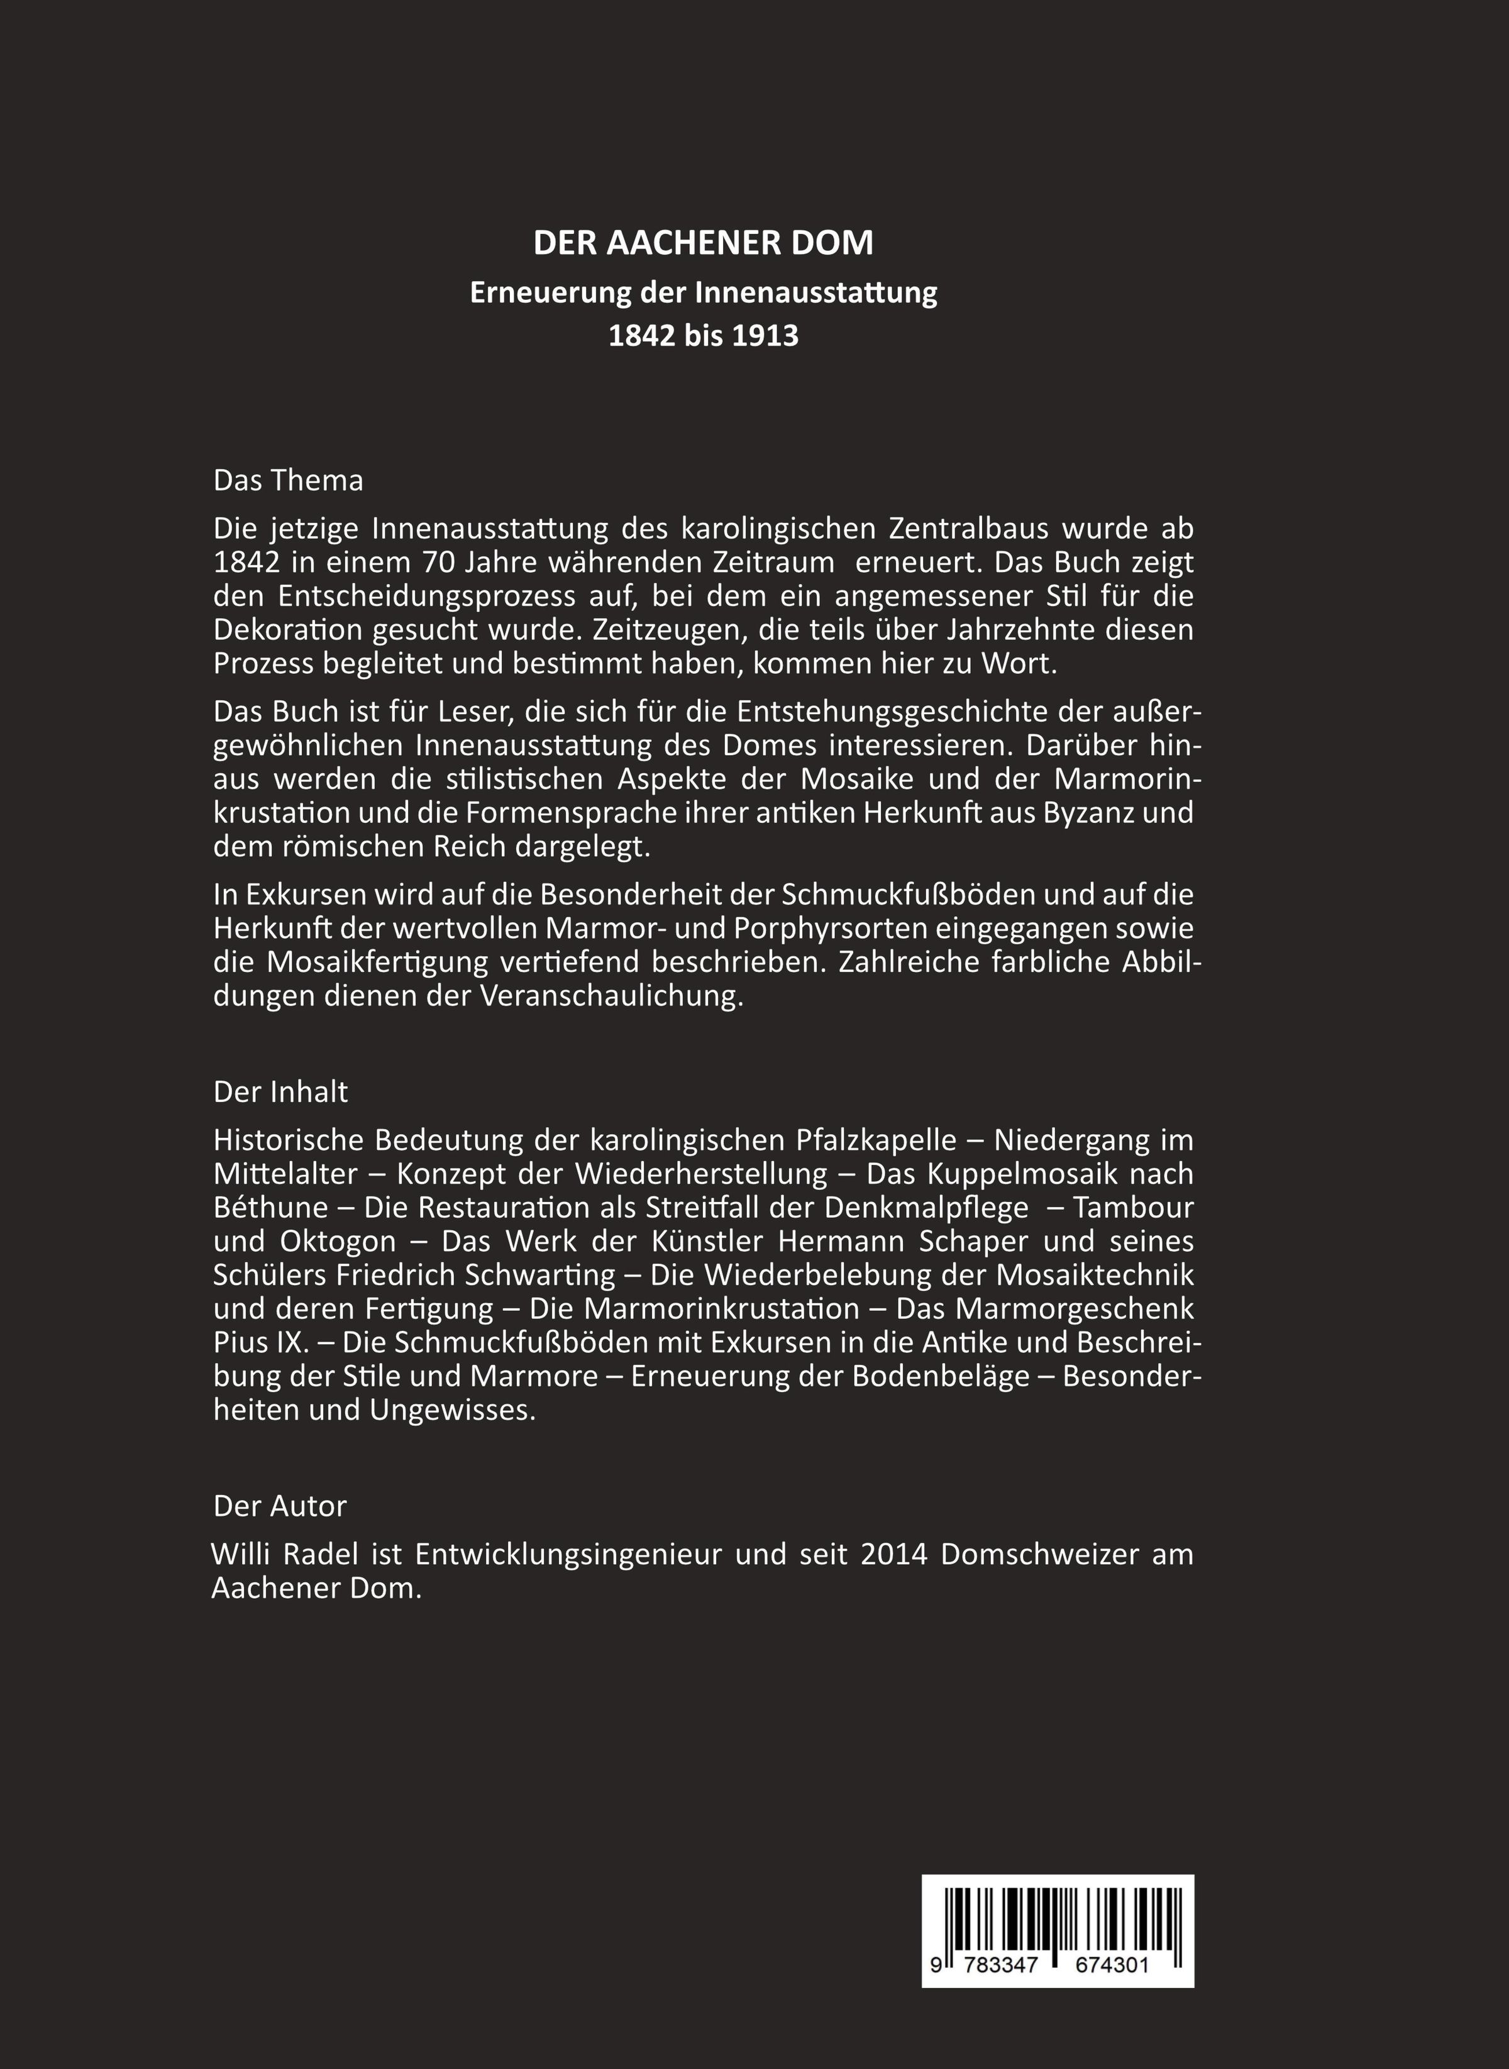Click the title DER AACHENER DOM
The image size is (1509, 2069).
tap(704, 243)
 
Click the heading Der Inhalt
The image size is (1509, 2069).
tap(280, 1091)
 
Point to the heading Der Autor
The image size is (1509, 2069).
tap(280, 1506)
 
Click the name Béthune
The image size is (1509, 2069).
tap(270, 1208)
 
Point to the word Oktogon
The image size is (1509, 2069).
tap(331, 1242)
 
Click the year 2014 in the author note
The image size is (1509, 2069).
tap(893, 1554)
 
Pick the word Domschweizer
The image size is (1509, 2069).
tap(1039, 1554)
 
